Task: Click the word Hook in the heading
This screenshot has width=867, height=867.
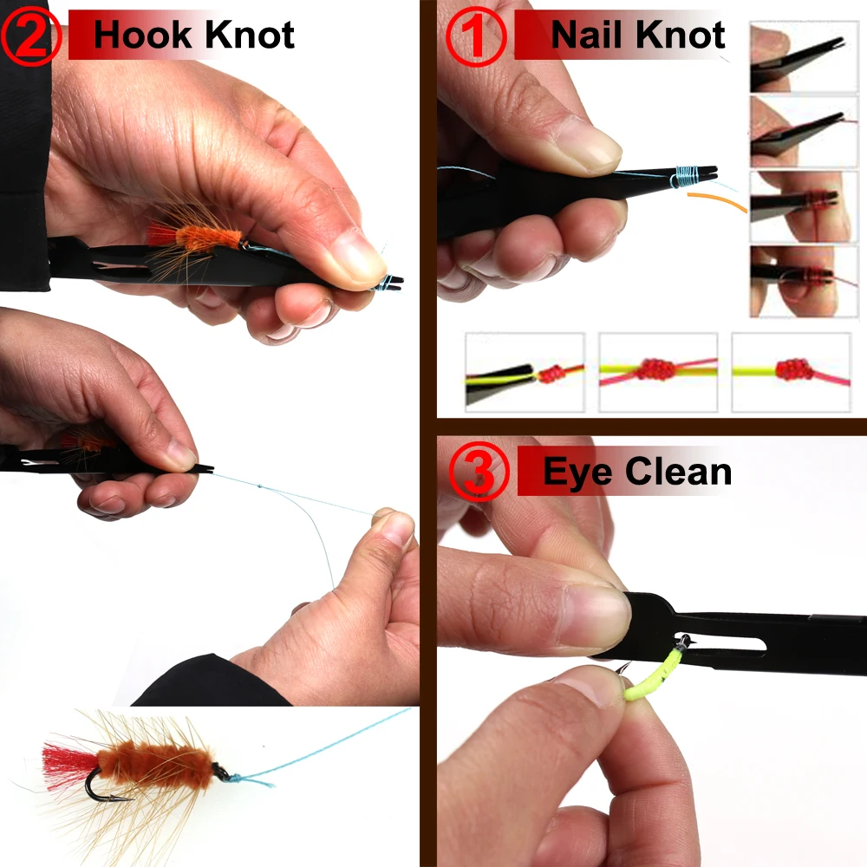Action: pyautogui.click(x=142, y=36)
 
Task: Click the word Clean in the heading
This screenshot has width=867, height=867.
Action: pyautogui.click(x=679, y=472)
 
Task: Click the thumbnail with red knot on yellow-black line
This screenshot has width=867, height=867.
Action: pyautogui.click(x=525, y=372)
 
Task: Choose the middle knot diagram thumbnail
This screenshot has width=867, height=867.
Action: pyautogui.click(x=658, y=372)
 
